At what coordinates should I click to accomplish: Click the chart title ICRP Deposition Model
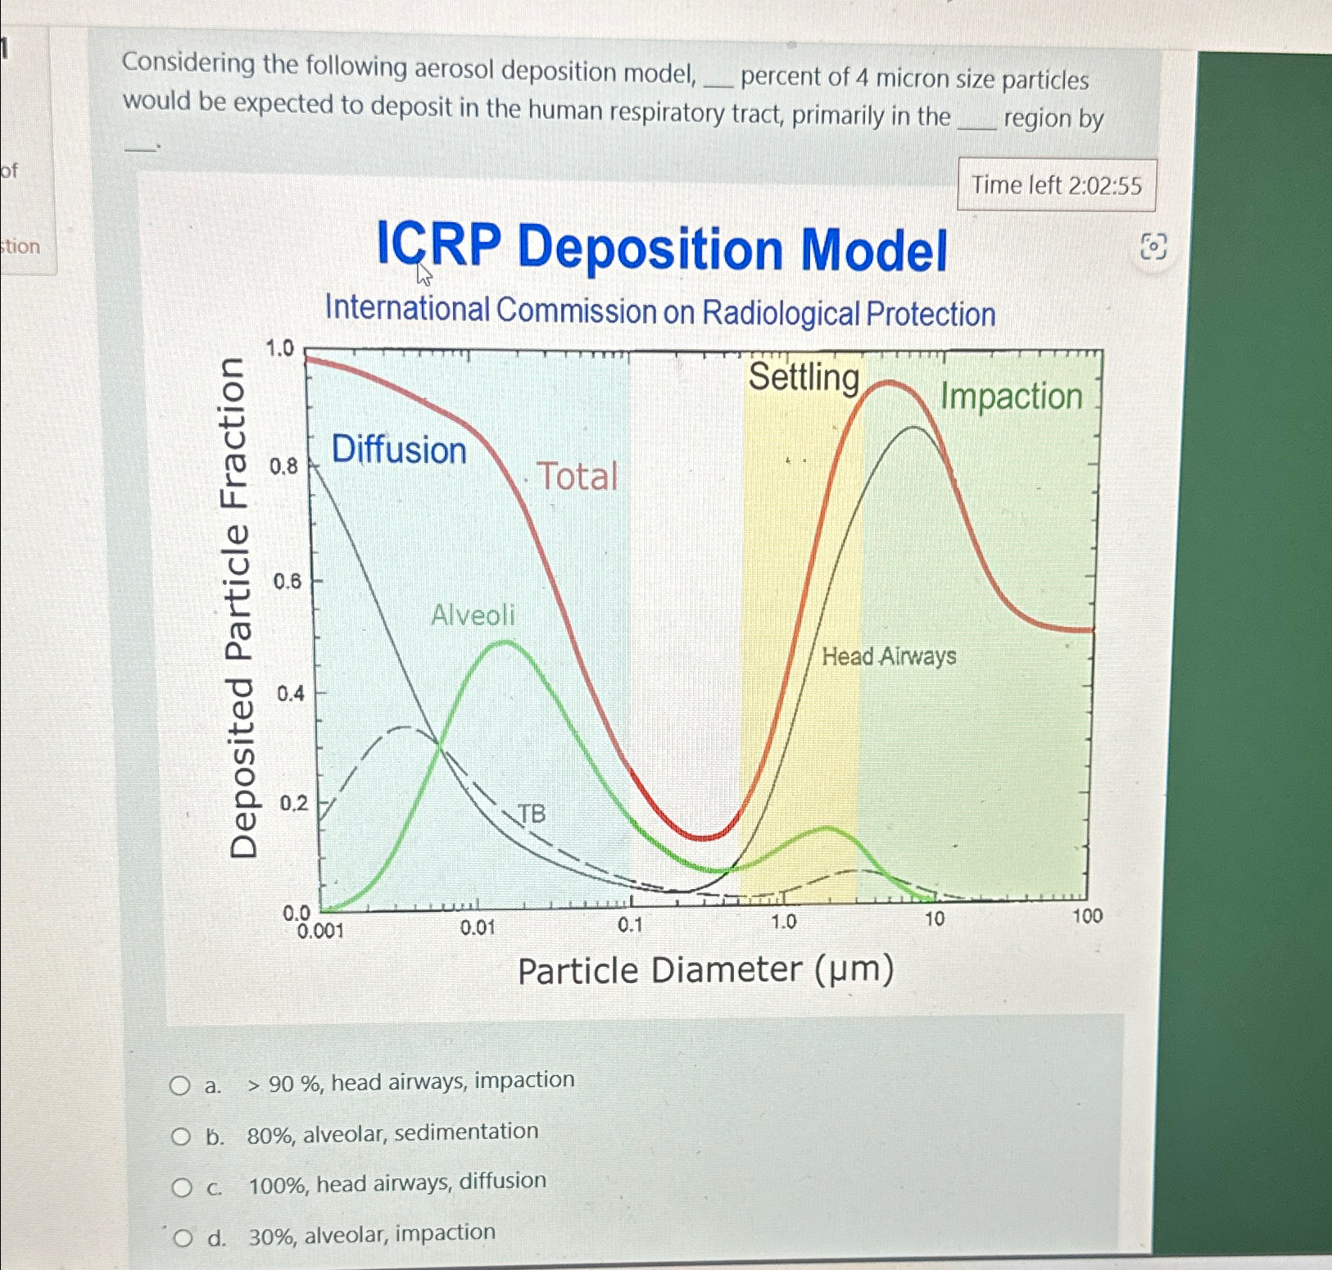click(x=662, y=248)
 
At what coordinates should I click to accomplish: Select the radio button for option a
click(x=179, y=1086)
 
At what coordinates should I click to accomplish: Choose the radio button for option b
click(x=180, y=1136)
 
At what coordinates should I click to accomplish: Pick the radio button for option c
click(x=181, y=1187)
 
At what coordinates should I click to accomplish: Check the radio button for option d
click(x=183, y=1237)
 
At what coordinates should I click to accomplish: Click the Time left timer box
click(x=1056, y=185)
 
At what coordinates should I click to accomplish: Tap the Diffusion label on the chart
click(x=399, y=450)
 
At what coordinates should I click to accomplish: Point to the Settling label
click(x=803, y=378)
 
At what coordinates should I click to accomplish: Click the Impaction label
click(x=1011, y=397)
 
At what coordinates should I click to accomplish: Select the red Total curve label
click(x=577, y=477)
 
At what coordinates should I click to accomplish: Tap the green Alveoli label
click(x=473, y=615)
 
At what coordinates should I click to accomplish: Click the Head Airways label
click(x=889, y=656)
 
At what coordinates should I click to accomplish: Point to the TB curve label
click(x=531, y=814)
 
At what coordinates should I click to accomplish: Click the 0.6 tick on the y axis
click(x=288, y=582)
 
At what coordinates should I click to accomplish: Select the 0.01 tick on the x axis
click(x=478, y=927)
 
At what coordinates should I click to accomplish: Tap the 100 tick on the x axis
click(x=1087, y=916)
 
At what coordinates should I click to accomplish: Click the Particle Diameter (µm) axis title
click(x=705, y=970)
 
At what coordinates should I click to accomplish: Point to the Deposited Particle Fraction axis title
click(x=243, y=607)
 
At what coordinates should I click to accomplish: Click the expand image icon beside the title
click(x=1153, y=246)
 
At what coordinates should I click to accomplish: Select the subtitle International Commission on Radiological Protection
click(x=659, y=312)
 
